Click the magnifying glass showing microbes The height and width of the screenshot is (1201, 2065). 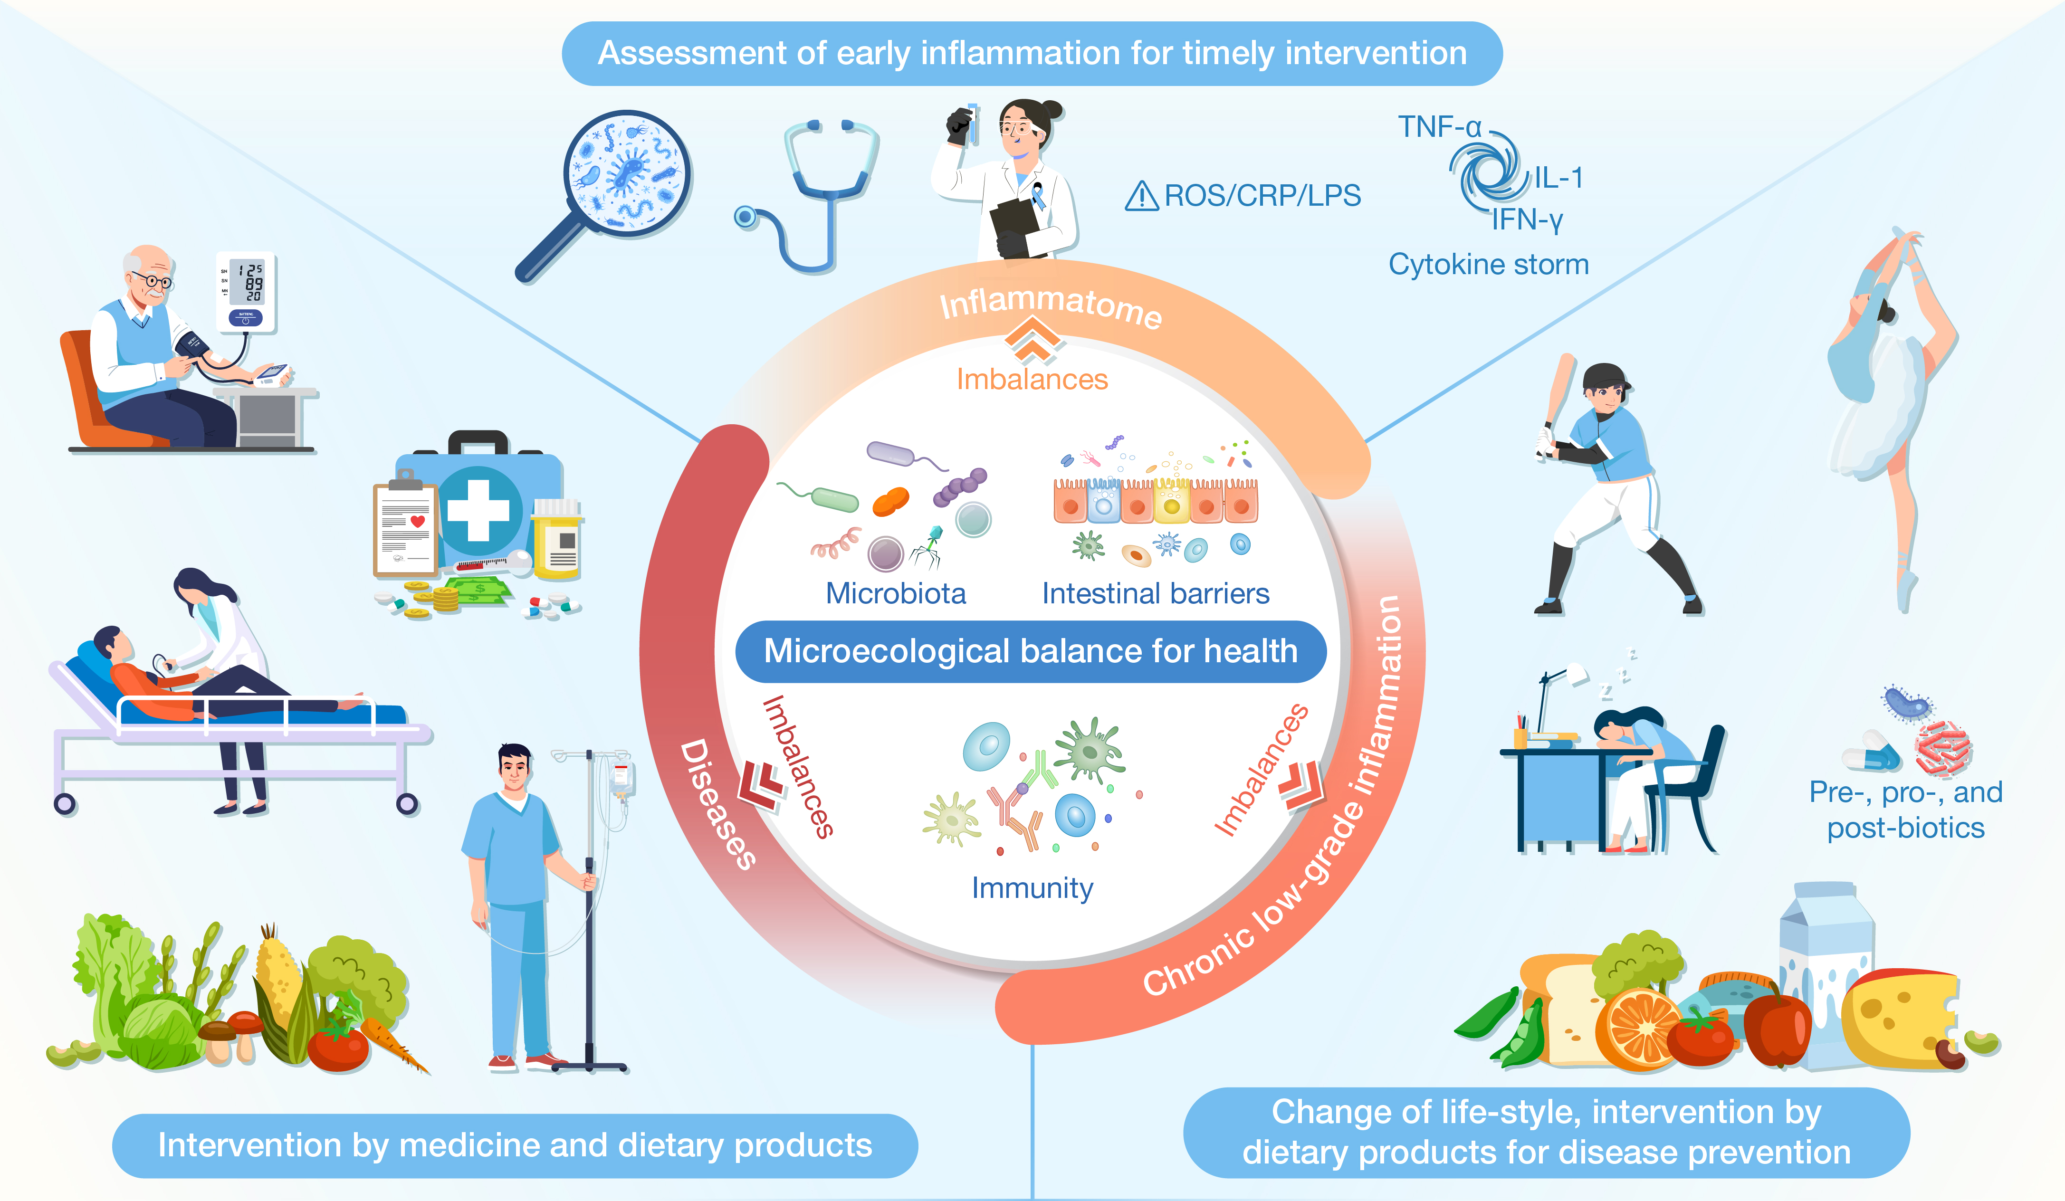(x=627, y=174)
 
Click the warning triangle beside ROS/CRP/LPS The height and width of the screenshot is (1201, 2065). (x=1141, y=197)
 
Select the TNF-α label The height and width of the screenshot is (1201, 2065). (x=1440, y=127)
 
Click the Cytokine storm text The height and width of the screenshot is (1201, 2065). (x=1488, y=265)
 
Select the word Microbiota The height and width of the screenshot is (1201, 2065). (x=896, y=593)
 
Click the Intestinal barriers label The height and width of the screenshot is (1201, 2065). (x=1156, y=593)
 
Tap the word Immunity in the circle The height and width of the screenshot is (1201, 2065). (x=1032, y=888)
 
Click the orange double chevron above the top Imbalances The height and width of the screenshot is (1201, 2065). (x=1032, y=340)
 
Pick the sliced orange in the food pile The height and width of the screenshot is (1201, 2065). (x=1641, y=1028)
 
